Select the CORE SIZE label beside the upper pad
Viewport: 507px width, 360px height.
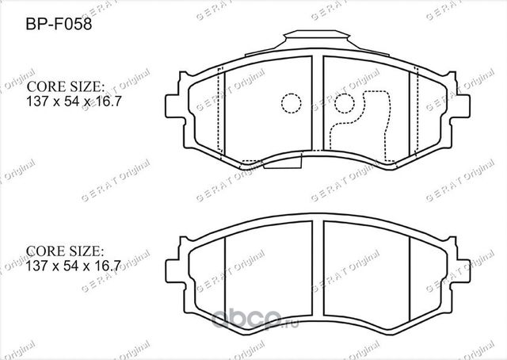(67, 86)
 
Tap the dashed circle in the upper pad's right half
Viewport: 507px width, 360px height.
(343, 104)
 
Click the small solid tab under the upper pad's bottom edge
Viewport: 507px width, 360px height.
(281, 164)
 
